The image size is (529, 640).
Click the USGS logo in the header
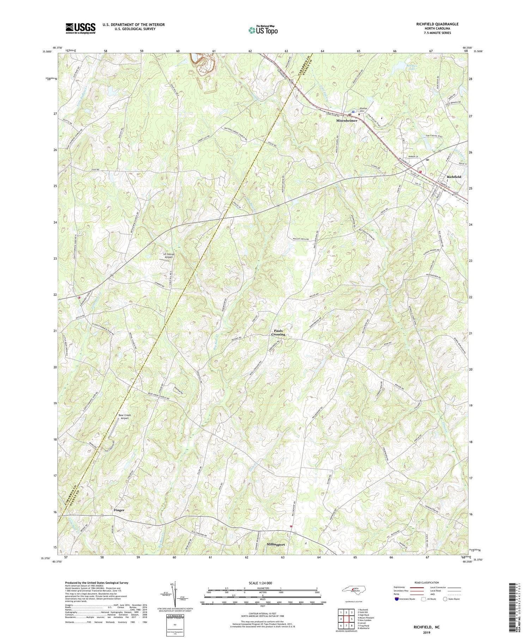(80, 28)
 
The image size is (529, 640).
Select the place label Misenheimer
(347, 120)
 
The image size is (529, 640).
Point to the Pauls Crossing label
(278, 333)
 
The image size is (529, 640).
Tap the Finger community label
(119, 510)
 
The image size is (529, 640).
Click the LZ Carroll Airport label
(168, 256)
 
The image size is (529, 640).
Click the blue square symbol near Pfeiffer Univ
(353, 112)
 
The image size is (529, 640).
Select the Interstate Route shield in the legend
(397, 599)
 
